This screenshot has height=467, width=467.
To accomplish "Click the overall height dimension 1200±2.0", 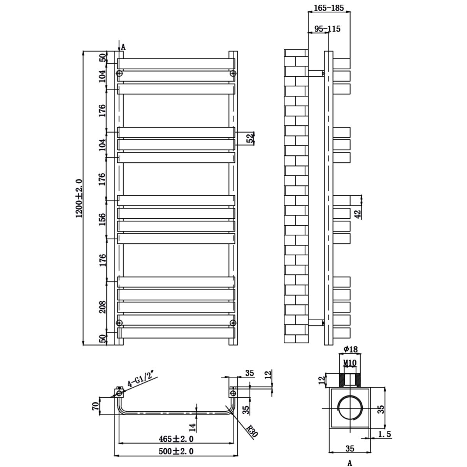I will [79, 198].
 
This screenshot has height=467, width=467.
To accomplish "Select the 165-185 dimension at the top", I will [329, 8].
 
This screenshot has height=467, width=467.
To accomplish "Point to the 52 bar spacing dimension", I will [251, 138].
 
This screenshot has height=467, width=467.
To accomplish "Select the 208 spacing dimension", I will [102, 307].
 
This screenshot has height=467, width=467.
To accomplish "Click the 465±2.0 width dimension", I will [176, 439].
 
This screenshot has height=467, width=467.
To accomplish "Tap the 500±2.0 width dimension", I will [176, 451].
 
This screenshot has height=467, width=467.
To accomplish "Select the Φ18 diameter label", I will [350, 349].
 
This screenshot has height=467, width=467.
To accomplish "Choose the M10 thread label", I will [350, 363].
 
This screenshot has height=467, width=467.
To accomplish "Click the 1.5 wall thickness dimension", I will [384, 434].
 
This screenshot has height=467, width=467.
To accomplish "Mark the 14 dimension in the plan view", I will [192, 427].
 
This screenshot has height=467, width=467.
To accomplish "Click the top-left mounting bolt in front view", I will [120, 73].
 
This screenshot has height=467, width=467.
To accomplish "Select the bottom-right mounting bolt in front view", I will [233, 322].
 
